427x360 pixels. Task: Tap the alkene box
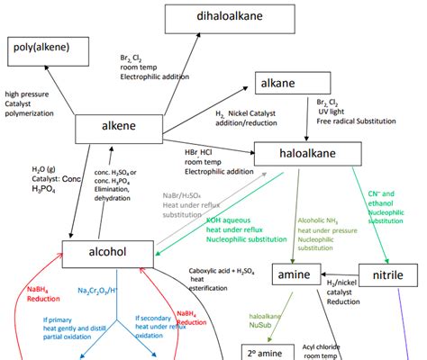click(x=117, y=128)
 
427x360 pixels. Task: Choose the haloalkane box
click(x=307, y=154)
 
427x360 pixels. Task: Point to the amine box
click(x=295, y=275)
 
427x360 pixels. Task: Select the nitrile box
click(x=387, y=275)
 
